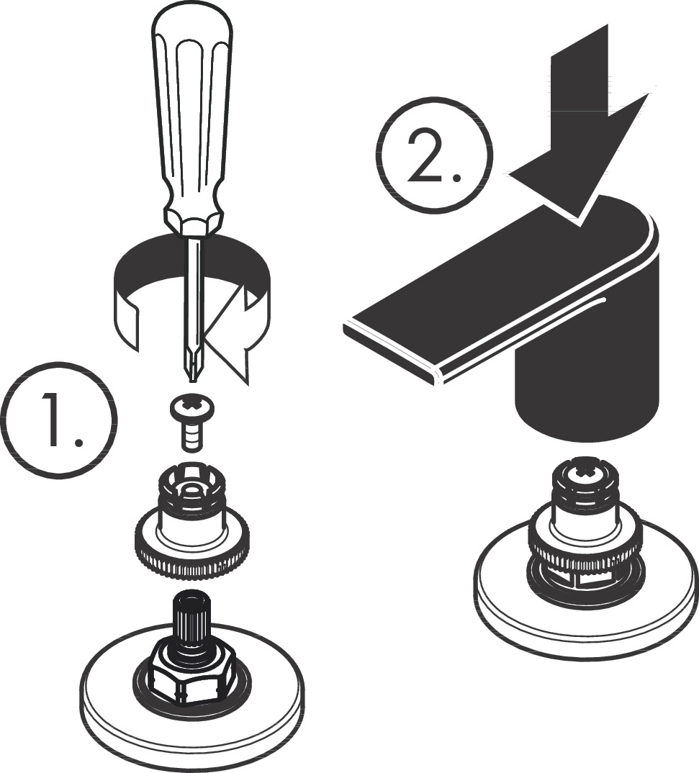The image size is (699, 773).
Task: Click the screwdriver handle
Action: (191, 108)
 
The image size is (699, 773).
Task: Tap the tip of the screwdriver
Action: (192, 375)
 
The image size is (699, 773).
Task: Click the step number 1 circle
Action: (60, 419)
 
